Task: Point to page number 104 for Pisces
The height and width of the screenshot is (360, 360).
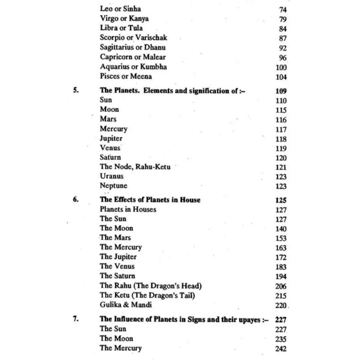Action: click(281, 77)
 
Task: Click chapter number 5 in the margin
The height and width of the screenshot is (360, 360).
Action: click(76, 90)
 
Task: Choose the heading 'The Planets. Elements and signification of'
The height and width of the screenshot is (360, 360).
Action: click(173, 90)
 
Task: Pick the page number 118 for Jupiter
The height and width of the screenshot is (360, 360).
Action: click(281, 138)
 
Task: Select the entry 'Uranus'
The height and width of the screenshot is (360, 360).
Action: click(112, 176)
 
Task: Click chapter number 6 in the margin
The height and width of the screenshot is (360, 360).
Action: click(76, 199)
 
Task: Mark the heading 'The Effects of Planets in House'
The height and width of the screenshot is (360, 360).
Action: click(150, 199)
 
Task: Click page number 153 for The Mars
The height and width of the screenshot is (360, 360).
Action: click(281, 238)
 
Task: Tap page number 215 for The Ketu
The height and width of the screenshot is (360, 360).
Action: click(281, 295)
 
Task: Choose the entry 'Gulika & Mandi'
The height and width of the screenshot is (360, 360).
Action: click(124, 305)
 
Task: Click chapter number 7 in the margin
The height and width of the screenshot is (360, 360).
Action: click(76, 319)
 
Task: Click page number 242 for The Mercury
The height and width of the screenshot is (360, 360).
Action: click(281, 348)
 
